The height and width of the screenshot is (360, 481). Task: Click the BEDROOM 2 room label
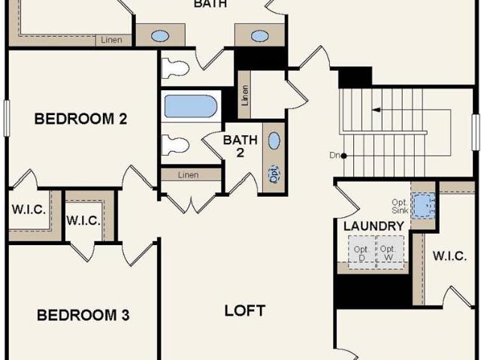80,119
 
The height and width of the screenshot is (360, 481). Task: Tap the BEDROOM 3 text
83,315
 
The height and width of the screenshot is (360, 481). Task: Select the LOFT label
245,311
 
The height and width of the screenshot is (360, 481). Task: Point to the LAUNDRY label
374,226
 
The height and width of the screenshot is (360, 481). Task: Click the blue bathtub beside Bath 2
191,106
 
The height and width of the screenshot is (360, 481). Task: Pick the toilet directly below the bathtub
175,145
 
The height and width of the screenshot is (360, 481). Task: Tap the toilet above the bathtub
174,68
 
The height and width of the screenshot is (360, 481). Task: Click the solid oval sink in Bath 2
274,141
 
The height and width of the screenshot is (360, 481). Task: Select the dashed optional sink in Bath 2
274,174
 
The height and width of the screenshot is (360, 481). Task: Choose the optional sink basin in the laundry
423,206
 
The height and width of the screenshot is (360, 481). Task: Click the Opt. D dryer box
362,253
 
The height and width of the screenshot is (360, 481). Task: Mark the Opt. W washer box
389,253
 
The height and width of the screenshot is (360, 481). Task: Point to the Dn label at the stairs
334,155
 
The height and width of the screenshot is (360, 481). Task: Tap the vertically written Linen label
244,95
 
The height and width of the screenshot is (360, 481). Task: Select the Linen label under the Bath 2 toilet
189,175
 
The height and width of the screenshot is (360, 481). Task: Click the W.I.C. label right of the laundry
449,256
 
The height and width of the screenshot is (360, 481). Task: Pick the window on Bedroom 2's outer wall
7,118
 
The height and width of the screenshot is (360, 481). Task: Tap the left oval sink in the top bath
160,36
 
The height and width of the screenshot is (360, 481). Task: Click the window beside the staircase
476,132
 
